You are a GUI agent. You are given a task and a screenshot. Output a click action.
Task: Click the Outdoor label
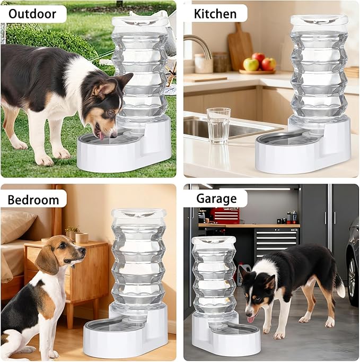[32, 13]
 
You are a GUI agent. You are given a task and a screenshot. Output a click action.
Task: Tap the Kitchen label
[214, 13]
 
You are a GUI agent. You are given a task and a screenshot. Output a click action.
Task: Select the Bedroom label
[33, 200]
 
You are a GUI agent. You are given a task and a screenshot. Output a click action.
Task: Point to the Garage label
[216, 199]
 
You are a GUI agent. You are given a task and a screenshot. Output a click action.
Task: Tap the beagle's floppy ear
[48, 259]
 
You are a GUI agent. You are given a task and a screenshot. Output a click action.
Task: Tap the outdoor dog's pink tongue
[101, 135]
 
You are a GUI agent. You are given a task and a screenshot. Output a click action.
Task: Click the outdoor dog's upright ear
[124, 81]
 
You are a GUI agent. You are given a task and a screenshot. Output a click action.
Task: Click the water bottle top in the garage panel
[213, 242]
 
